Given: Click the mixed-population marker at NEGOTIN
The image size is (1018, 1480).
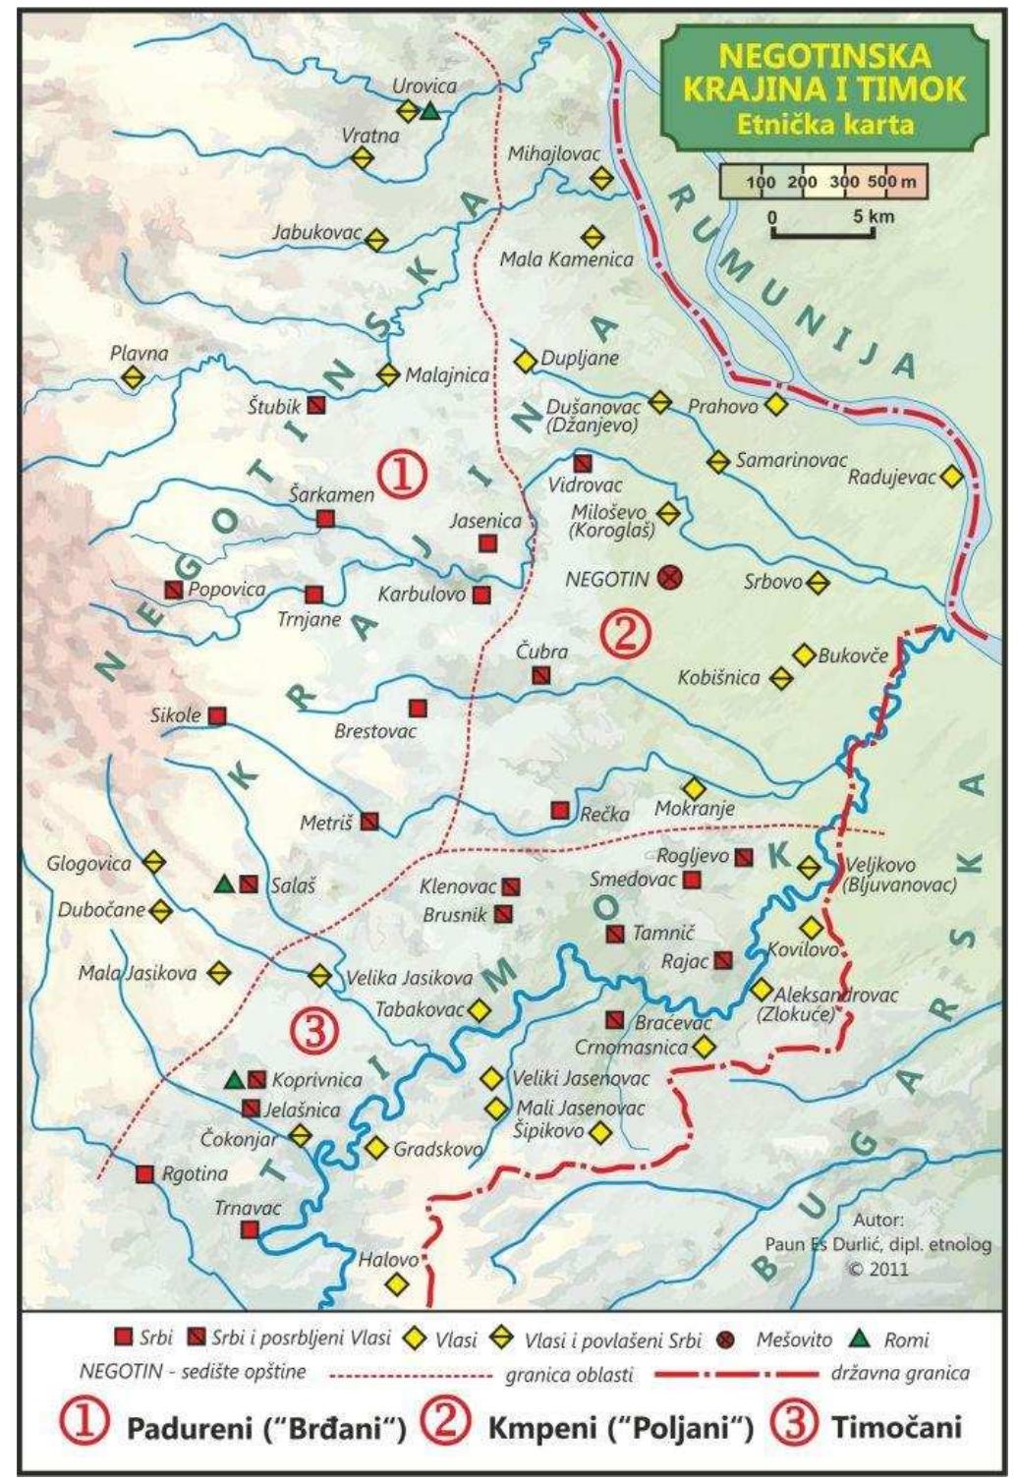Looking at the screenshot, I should (672, 577).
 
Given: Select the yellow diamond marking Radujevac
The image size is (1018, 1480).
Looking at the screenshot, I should (950, 477).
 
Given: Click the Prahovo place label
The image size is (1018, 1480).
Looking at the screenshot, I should (722, 406).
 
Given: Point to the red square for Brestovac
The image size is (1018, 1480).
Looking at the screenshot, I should (418, 708).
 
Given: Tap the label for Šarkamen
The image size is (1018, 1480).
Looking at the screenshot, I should (331, 494).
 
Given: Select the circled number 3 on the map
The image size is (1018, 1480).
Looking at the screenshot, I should (315, 1030).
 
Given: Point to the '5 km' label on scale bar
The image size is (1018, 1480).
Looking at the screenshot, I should (874, 215).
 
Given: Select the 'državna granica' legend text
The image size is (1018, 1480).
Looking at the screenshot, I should (900, 1373).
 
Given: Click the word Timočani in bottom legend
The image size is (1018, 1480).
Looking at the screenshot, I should (896, 1427).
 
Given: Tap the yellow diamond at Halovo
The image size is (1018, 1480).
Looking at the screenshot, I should (396, 1283).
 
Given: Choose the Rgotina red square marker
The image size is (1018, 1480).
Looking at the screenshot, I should (145, 1173).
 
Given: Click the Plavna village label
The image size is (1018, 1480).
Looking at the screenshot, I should (139, 353).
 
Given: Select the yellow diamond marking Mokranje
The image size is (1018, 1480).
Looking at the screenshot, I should (694, 788).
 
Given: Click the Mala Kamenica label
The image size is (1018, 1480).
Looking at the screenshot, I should (566, 260).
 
